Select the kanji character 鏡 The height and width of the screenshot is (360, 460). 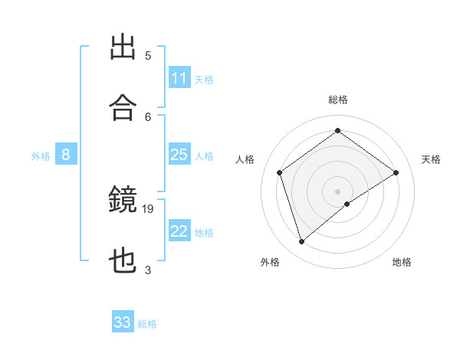coord(123,200)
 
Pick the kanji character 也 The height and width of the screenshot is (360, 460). coord(123,262)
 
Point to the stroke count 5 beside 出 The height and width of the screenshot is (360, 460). coord(148,55)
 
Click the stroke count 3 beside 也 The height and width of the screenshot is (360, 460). coord(148,270)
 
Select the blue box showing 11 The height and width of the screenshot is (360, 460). coord(179,78)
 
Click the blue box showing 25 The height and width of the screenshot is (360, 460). coord(179,155)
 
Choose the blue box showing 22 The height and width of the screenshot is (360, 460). coord(179,231)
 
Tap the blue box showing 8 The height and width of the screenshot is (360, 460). coord(66,155)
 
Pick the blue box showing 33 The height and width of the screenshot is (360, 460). coord(123,322)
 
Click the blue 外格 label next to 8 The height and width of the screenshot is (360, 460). coord(41,155)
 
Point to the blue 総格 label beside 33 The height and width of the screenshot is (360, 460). coord(147,324)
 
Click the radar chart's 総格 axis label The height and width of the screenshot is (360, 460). coord(337,100)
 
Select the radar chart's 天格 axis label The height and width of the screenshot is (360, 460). coord(432,159)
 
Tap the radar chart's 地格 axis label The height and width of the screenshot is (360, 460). coord(402,262)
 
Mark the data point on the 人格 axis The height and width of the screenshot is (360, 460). coord(280,172)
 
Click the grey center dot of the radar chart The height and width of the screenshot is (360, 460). coord(337,191)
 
